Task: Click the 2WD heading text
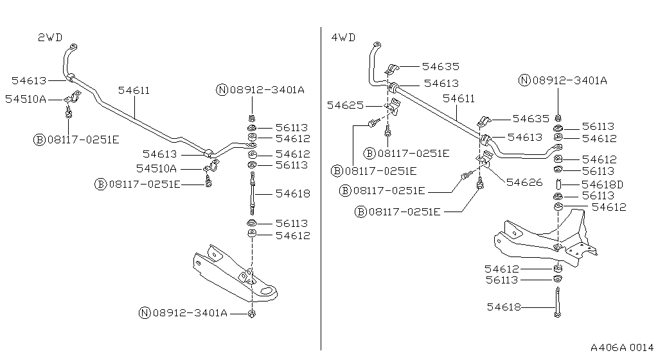[x=49, y=37]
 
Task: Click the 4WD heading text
[x=343, y=37]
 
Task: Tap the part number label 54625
[x=344, y=105]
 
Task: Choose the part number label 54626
[x=524, y=182]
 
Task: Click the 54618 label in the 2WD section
[x=293, y=193]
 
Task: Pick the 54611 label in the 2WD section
[x=134, y=91]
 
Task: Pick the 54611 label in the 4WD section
[x=459, y=98]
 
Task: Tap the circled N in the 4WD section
[x=525, y=80]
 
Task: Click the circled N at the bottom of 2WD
[x=145, y=313]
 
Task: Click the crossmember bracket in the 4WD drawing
[x=546, y=241]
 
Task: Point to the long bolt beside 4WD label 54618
[x=556, y=301]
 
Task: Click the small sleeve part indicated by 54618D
[x=559, y=185]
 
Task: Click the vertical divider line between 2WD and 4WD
[x=321, y=193]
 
